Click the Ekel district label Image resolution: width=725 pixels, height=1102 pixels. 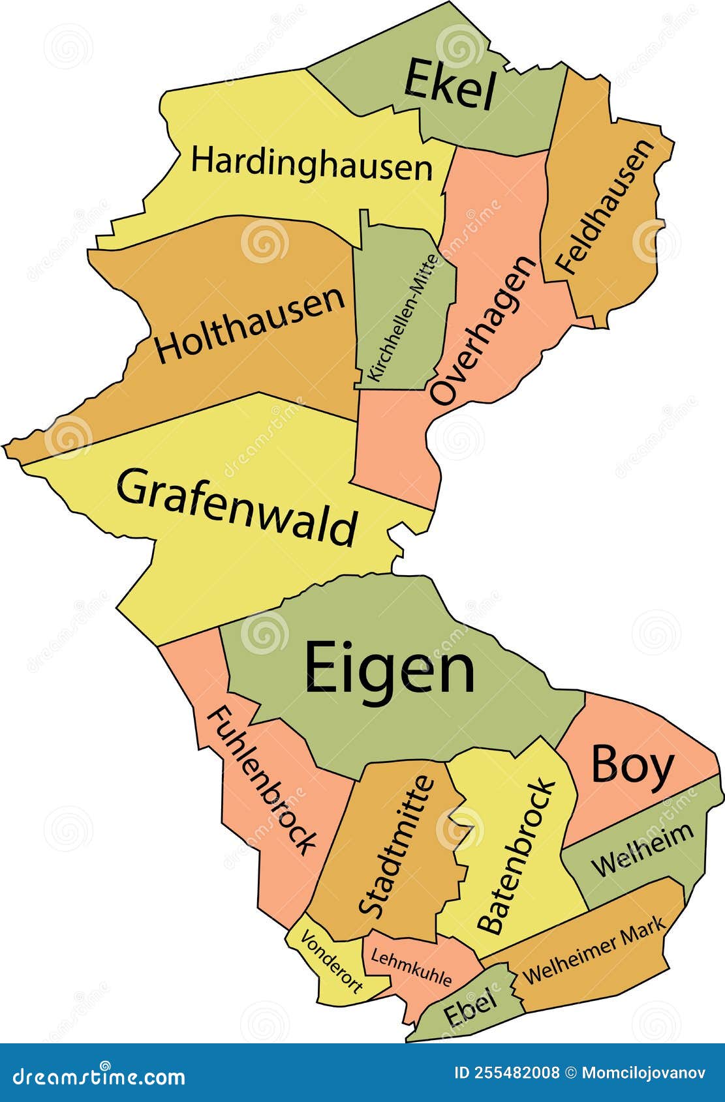(x=450, y=85)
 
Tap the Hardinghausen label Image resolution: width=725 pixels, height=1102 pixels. (x=312, y=163)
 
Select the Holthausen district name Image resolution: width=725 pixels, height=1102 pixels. (x=250, y=325)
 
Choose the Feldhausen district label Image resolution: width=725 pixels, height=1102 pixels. (x=604, y=207)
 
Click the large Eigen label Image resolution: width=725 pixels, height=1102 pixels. (x=390, y=668)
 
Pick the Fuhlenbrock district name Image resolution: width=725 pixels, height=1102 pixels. (x=262, y=781)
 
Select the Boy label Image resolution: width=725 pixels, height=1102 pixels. (x=632, y=766)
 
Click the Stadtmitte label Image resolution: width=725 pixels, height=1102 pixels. (x=396, y=846)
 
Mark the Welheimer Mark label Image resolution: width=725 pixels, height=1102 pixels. (x=594, y=949)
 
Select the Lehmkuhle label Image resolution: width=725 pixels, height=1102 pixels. (x=411, y=967)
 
